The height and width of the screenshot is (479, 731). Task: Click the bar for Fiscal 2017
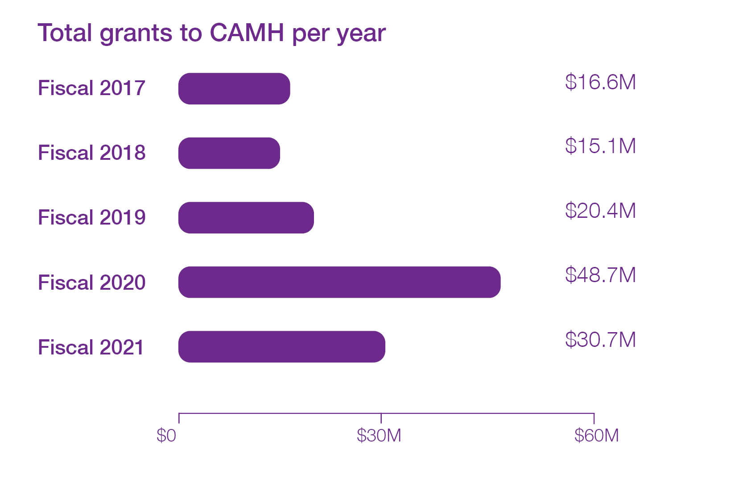pos(234,89)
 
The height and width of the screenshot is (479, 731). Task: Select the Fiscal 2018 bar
pos(229,153)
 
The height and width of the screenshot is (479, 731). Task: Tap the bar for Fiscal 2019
pos(246,218)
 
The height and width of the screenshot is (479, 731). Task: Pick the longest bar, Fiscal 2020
pos(339,282)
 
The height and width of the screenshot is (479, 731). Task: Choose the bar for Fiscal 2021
pos(282,347)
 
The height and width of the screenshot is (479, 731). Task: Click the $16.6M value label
pos(600,82)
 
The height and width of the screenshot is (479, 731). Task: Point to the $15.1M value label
pos(600,146)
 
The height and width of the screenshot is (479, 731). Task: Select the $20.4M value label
pos(600,211)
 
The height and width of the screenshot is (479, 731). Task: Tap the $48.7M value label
pos(600,275)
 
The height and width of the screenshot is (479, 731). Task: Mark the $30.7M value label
pos(600,340)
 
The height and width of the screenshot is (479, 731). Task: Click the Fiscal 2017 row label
pos(91,88)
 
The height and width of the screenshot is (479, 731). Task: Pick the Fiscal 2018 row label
pos(91,153)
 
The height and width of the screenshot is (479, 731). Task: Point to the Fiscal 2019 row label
pos(91,217)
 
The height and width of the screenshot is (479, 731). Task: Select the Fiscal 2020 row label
pos(91,283)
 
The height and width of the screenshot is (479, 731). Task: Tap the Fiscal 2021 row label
pos(91,347)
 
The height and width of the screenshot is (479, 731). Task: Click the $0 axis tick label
pos(166,435)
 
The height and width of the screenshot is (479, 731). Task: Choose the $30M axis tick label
pos(379,435)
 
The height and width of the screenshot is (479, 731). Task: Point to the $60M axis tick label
pos(596,435)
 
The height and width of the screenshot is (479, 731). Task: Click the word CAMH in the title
pos(247,33)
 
